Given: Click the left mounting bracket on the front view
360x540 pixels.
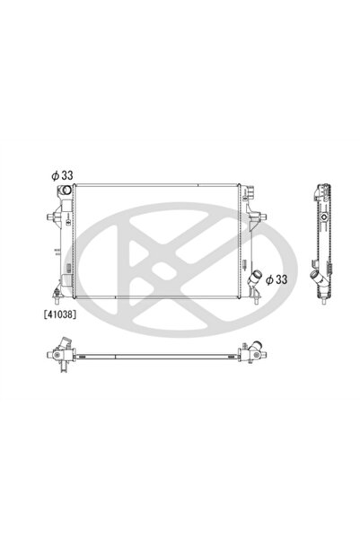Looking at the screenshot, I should (52, 218).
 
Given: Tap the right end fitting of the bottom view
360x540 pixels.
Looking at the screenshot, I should (245, 354).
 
